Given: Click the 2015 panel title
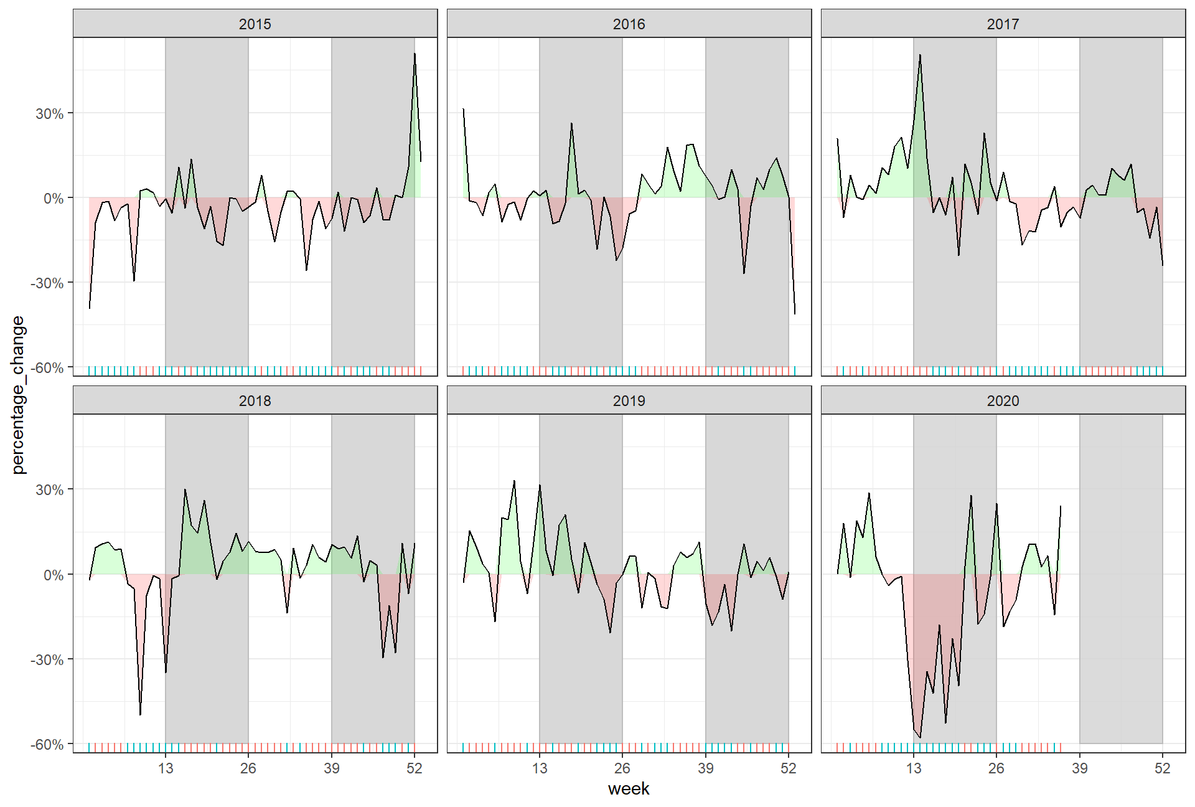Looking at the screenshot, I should click(x=255, y=24).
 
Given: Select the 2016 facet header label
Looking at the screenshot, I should click(x=629, y=24).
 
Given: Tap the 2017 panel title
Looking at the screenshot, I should click(x=1003, y=24).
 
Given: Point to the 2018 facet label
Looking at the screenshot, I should click(x=255, y=400).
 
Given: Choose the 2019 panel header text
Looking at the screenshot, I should click(x=629, y=400).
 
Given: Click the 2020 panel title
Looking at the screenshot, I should click(x=1003, y=400).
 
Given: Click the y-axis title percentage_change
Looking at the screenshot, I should click(x=18, y=395).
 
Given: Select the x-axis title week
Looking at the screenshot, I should click(x=629, y=789).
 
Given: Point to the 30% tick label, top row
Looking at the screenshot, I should click(x=49, y=113).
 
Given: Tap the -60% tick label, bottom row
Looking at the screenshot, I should click(x=47, y=744).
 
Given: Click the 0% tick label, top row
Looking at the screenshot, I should click(x=53, y=198).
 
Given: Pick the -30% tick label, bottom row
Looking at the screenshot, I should click(x=47, y=659).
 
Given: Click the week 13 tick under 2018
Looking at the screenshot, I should click(x=166, y=768).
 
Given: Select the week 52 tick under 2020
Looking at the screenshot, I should click(x=1162, y=768).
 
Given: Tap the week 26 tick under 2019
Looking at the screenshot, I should click(x=622, y=768).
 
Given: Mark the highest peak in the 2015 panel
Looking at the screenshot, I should click(x=415, y=54).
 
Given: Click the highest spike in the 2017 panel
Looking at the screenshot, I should click(x=920, y=55).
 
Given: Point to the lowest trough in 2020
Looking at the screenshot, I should click(x=920, y=737).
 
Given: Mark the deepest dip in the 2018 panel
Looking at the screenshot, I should click(x=140, y=715).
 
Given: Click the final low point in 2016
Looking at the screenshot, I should click(x=795, y=314).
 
